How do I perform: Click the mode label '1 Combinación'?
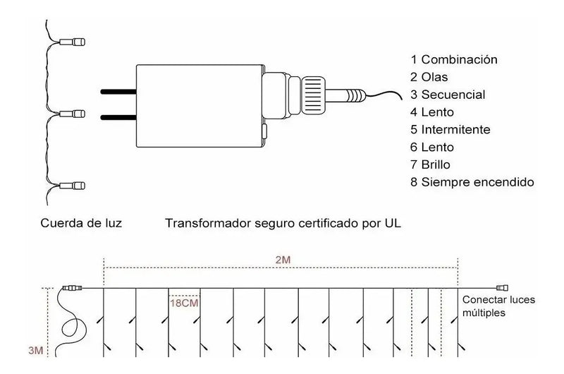coord(454,60)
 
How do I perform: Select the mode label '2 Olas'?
coord(429,77)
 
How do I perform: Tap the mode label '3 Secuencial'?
coord(448,95)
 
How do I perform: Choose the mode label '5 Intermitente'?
coord(450,130)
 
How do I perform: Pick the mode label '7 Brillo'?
coord(430,165)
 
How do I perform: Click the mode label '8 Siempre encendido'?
coord(472,182)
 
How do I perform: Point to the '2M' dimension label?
coord(283,260)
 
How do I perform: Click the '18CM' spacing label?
coord(184,303)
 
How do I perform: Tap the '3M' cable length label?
coord(36,350)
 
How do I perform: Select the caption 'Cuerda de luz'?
coord(81,223)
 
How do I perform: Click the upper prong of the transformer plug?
coord(118,92)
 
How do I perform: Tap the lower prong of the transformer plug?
coord(118,117)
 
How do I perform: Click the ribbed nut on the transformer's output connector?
coord(313,95)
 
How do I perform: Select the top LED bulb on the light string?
coord(73,42)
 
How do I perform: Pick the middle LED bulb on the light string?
coord(73,114)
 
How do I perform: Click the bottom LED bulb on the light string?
coord(73,186)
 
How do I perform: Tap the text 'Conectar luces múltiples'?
coord(498,306)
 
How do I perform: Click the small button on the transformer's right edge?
coord(264,131)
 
